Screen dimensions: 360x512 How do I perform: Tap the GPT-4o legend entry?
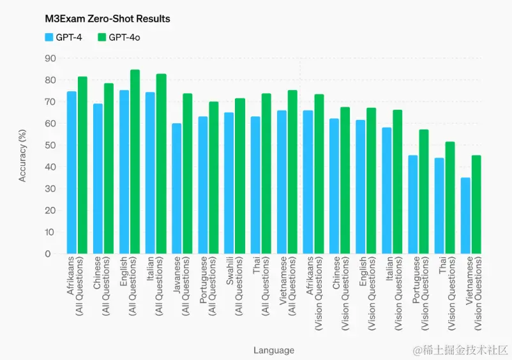(119, 38)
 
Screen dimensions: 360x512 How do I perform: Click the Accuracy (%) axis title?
(23, 155)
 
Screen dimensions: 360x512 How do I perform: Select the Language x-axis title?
(274, 350)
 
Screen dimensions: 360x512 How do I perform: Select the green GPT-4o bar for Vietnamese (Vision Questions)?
(476, 205)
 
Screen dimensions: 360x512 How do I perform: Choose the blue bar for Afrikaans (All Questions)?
(72, 173)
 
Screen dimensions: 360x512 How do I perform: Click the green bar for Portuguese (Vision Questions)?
(424, 191)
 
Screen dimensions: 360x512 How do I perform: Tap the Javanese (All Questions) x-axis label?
(181, 285)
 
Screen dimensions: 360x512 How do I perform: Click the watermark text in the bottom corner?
(460, 350)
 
